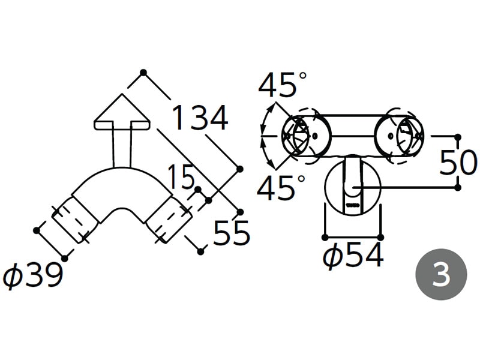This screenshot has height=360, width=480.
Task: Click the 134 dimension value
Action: point(200,118)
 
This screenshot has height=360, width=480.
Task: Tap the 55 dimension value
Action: point(232,233)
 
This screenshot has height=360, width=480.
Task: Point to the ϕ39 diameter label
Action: point(33,275)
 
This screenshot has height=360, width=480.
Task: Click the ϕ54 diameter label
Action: point(353,255)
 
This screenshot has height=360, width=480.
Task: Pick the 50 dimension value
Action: point(458,163)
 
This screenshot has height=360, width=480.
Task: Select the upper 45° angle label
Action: point(282,84)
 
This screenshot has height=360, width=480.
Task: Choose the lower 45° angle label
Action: point(281,187)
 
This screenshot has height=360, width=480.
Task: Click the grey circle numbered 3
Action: point(441,274)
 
